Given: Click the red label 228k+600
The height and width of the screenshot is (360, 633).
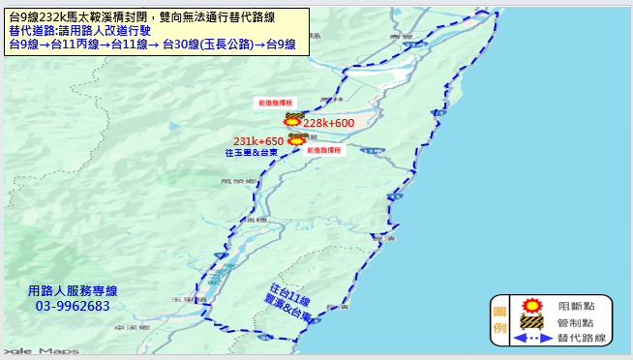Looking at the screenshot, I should [329, 124].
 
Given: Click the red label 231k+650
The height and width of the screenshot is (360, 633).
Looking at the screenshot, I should [256, 141].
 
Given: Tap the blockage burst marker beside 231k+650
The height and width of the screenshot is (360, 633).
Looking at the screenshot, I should [296, 139].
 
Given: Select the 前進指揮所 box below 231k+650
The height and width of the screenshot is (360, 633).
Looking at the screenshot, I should [322, 151].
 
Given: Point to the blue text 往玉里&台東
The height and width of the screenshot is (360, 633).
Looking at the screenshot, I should [252, 153].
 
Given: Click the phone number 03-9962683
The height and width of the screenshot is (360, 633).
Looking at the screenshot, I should [73, 306].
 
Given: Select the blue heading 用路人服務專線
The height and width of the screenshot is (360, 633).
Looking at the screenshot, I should [73, 291].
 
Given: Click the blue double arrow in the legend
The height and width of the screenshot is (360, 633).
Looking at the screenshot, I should [530, 338].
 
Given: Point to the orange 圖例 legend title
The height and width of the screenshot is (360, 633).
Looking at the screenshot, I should [500, 320].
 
